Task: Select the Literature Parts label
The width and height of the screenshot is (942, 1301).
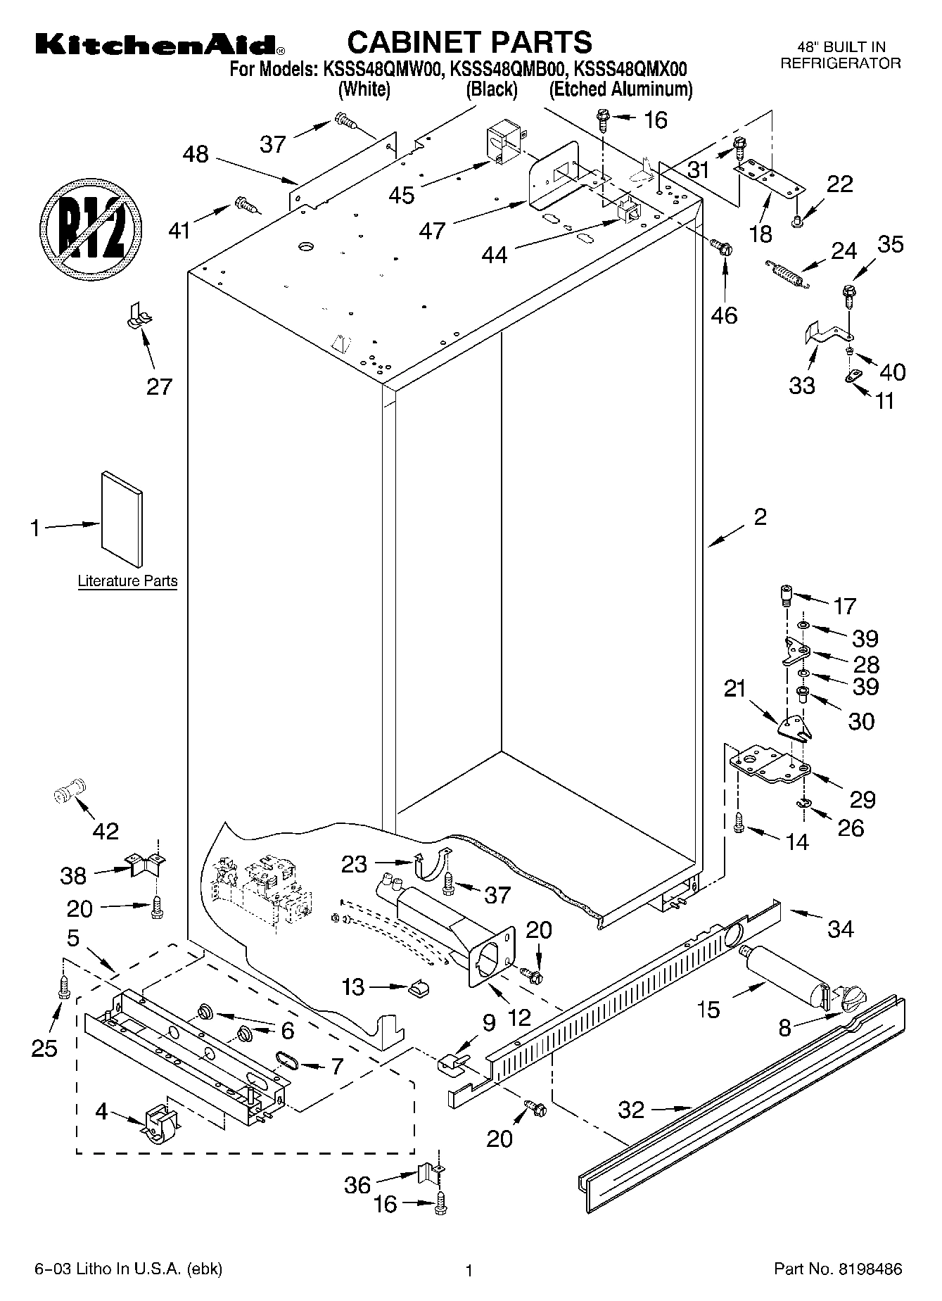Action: coord(127,581)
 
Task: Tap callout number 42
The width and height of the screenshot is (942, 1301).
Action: coord(106,831)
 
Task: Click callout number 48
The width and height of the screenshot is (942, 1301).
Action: coord(196,154)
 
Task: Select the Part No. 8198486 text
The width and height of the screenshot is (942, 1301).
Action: coord(837,1269)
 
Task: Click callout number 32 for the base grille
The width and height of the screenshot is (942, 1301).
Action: coord(631,1110)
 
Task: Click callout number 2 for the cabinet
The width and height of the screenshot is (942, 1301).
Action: coord(760,517)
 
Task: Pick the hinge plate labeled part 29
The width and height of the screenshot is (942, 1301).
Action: coord(770,766)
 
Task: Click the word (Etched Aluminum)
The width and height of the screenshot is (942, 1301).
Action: coord(620,89)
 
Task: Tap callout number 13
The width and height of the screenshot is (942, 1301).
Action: coord(354,987)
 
